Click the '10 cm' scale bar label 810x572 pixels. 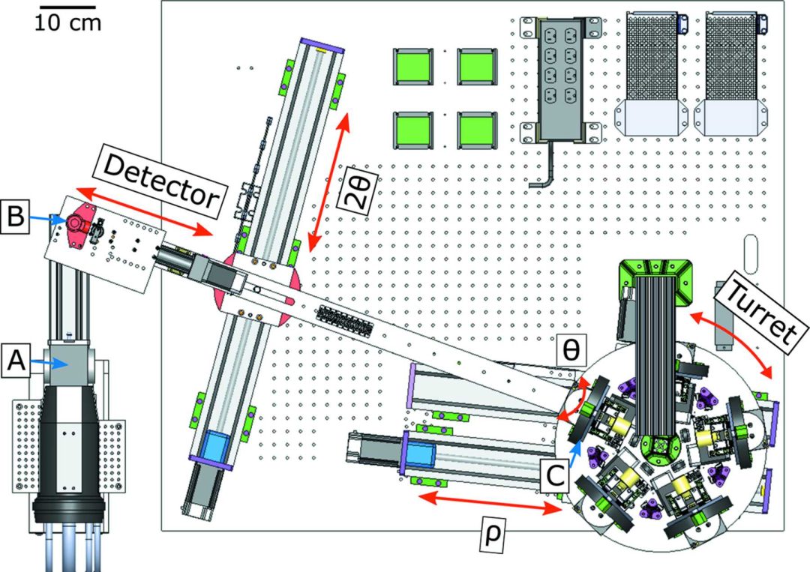(67, 22)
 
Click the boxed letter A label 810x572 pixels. (17, 363)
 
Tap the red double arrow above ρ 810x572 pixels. (487, 504)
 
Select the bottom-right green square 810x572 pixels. (476, 131)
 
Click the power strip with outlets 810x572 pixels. (558, 79)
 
